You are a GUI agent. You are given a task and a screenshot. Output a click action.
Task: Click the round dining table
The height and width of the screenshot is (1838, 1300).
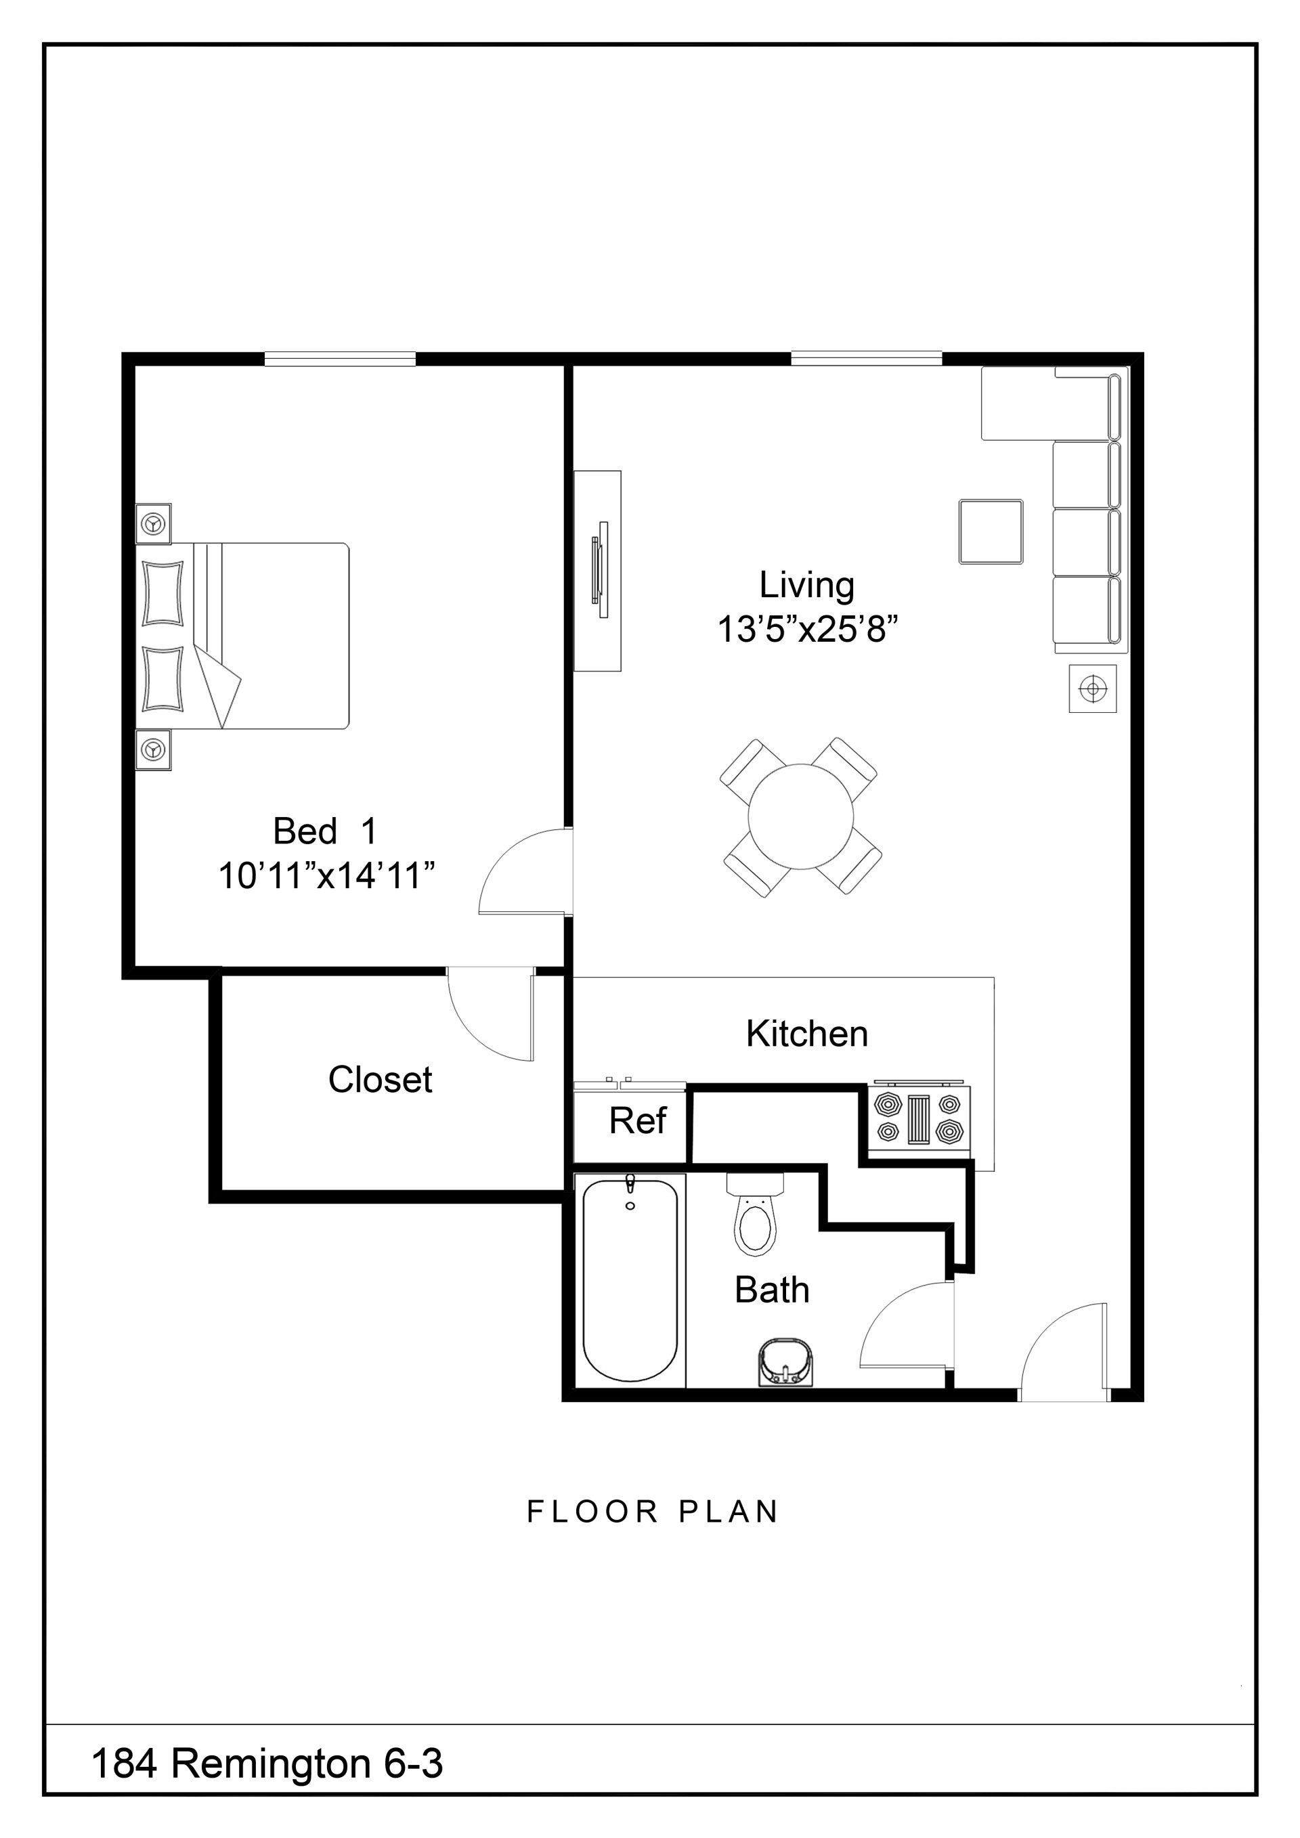800,816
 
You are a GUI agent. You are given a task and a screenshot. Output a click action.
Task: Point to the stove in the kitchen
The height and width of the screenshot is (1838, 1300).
919,1118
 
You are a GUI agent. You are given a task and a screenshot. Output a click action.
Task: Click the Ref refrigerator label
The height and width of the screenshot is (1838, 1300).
637,1120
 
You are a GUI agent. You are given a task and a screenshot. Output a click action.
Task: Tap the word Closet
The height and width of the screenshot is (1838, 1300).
381,1080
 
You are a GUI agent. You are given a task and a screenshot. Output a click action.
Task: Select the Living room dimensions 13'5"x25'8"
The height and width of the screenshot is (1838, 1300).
807,629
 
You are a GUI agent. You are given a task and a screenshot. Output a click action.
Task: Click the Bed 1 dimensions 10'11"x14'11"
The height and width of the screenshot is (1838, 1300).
326,877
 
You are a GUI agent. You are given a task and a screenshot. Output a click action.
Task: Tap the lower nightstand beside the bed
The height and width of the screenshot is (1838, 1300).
154,750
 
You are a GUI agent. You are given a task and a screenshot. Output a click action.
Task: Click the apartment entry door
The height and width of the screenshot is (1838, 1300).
1064,1353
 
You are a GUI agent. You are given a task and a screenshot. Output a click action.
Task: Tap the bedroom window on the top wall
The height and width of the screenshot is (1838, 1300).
340,359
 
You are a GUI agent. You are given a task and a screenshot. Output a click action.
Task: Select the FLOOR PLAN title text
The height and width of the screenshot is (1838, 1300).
653,1512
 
